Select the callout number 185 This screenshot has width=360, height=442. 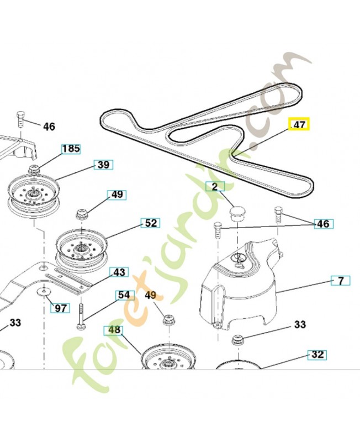(70, 149)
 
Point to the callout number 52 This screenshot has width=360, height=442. (150, 223)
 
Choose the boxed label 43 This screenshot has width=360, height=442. (119, 272)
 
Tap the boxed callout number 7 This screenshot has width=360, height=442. (340, 281)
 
